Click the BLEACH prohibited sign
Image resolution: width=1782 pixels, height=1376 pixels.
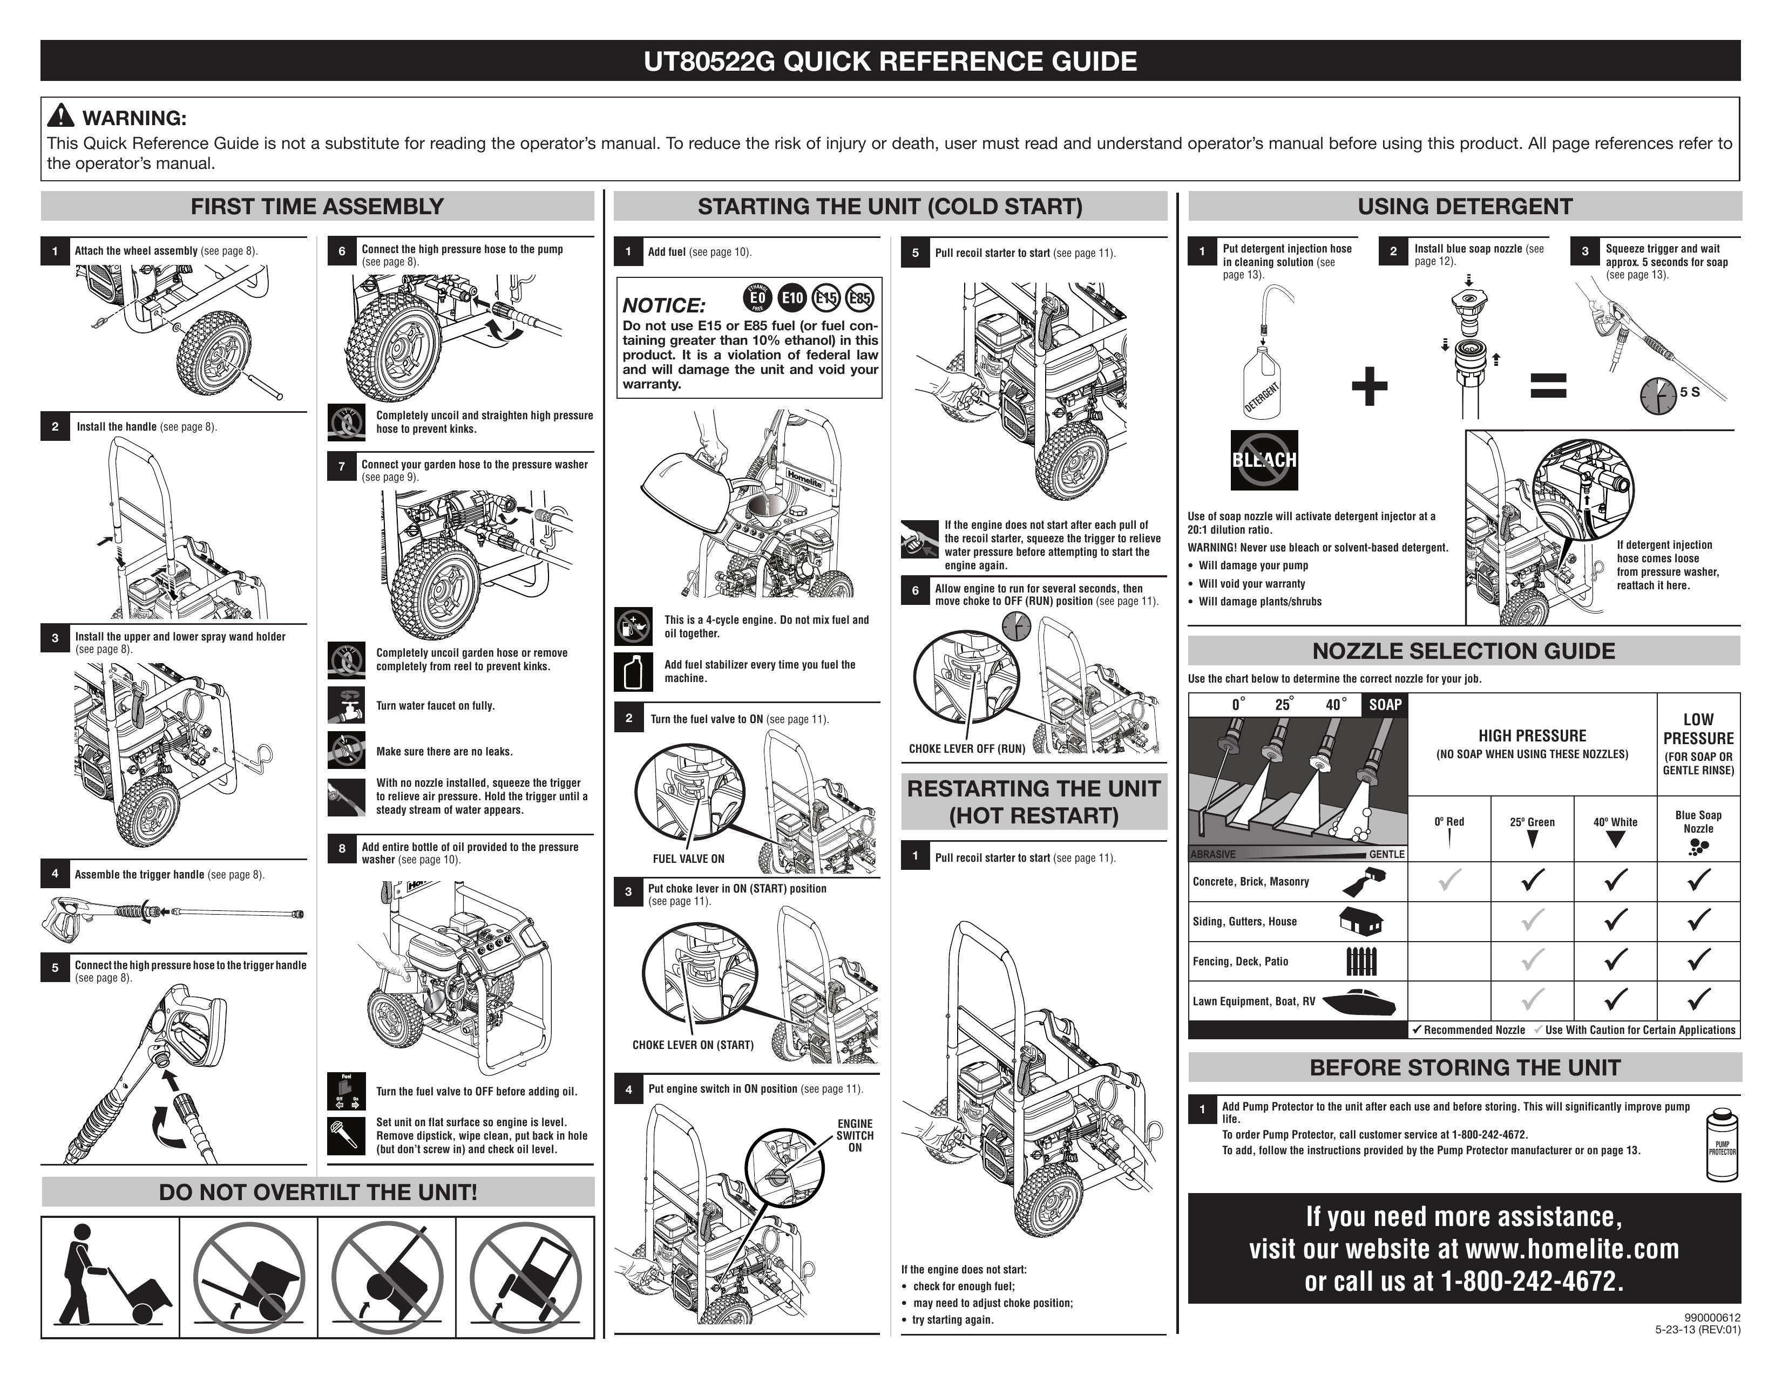(1264, 460)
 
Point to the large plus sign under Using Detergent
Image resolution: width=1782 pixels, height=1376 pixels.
(1369, 386)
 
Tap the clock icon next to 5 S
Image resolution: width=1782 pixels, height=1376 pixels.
(1657, 396)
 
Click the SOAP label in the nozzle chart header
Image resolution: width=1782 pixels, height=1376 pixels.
(1385, 705)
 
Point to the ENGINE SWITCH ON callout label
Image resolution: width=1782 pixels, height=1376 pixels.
(854, 1135)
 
